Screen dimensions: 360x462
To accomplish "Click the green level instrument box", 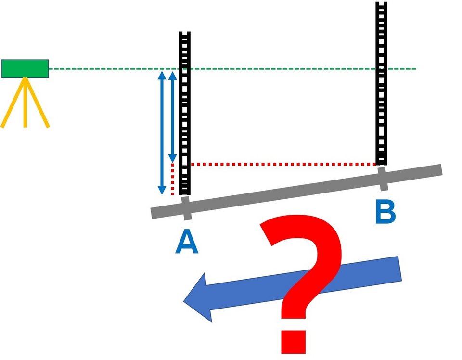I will (25, 68).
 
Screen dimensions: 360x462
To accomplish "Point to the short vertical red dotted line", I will (173, 179).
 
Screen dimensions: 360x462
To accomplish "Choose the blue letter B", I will (385, 212).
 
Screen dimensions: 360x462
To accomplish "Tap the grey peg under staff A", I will (186, 208).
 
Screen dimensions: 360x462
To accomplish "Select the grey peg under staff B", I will (383, 179).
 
